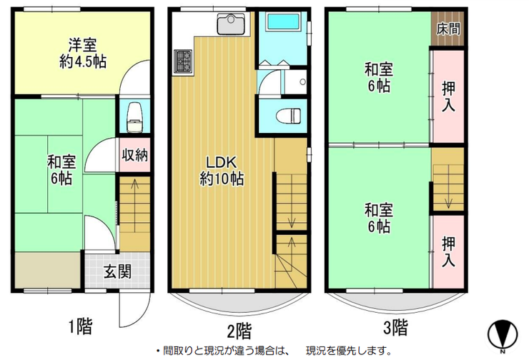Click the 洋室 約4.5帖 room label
tap(83, 54)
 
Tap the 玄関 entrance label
tap(117, 271)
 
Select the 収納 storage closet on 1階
tap(134, 155)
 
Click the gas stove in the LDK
tap(183, 61)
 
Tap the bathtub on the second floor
tap(283, 22)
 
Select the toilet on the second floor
tap(289, 116)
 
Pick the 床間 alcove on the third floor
tap(448, 29)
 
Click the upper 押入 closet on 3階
tap(448, 96)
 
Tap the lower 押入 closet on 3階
tap(448, 251)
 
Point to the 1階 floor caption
tap(80, 326)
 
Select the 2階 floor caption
tap(239, 330)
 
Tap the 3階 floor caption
tap(395, 327)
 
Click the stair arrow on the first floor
tap(134, 205)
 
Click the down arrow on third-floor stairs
tap(448, 186)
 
